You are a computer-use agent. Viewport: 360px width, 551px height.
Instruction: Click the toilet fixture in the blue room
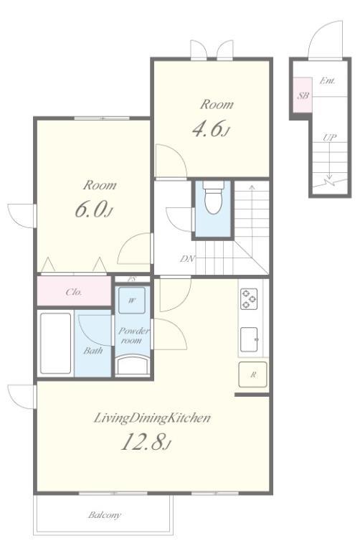click(x=214, y=197)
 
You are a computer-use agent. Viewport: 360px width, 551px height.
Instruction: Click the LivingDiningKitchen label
click(x=152, y=418)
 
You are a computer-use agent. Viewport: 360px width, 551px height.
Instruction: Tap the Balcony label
click(x=104, y=515)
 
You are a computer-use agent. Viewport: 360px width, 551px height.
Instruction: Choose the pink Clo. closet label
click(x=74, y=292)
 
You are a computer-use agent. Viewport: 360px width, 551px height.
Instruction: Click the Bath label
click(x=93, y=350)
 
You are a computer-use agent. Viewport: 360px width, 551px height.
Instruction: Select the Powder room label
click(x=133, y=335)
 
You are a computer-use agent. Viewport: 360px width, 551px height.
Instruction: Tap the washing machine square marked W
click(x=132, y=300)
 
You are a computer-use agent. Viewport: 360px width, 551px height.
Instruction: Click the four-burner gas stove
click(x=249, y=299)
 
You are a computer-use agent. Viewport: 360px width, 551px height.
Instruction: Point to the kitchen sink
click(x=249, y=339)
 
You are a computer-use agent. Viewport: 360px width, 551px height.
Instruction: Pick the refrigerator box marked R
click(x=252, y=375)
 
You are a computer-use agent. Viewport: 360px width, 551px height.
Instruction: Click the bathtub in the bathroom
click(x=55, y=344)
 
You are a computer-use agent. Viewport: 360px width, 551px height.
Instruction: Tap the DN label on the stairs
click(x=187, y=259)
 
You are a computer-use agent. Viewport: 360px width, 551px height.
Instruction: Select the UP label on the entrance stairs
click(x=329, y=137)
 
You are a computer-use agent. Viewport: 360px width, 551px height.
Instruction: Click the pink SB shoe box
click(x=303, y=95)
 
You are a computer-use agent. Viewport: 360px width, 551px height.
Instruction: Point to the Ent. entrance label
click(x=327, y=80)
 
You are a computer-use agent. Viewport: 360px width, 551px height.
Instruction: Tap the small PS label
click(x=132, y=279)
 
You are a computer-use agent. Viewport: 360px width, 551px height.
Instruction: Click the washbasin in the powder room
click(x=133, y=365)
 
